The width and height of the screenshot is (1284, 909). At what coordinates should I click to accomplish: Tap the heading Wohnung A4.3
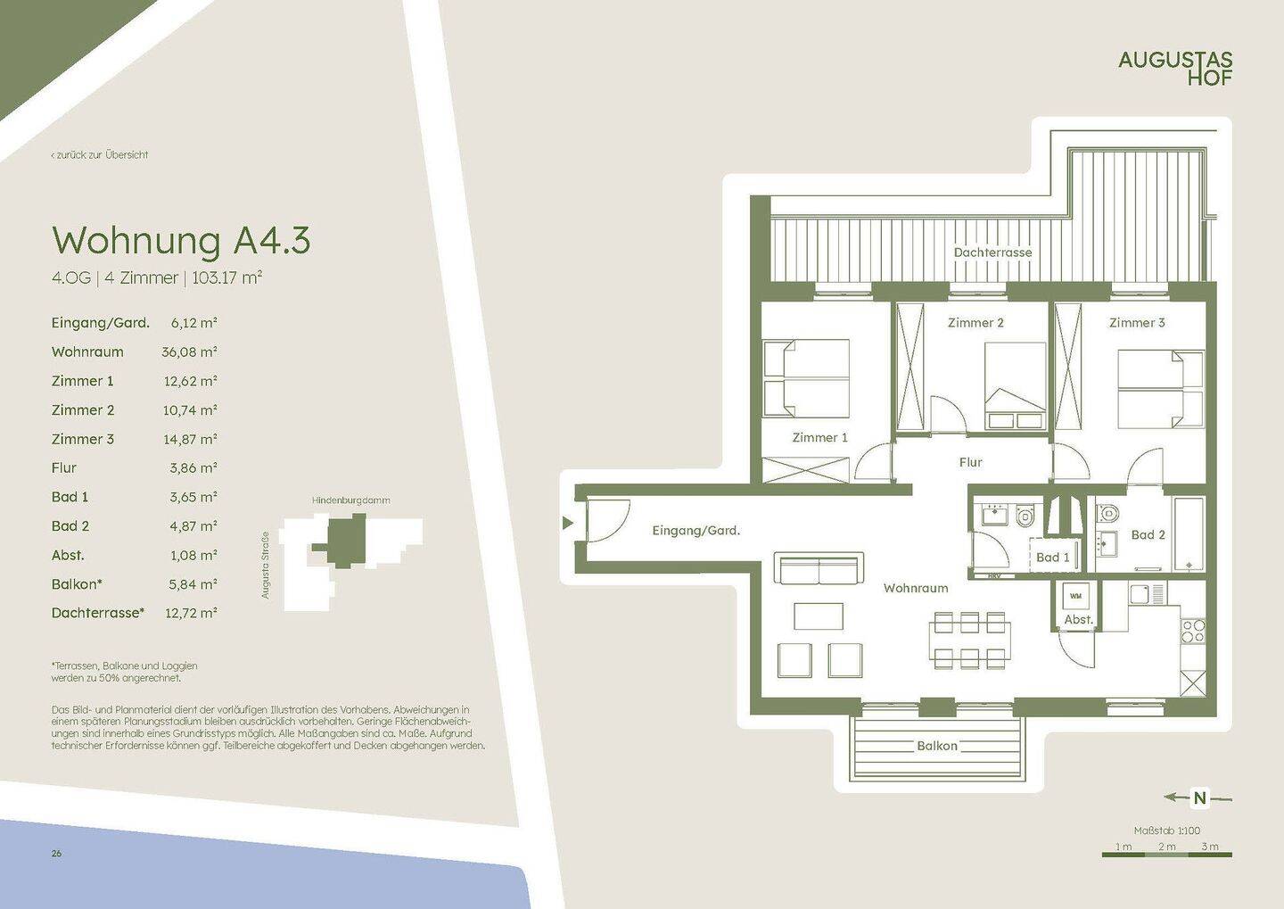(181, 240)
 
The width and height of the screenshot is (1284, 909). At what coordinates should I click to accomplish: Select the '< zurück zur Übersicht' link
(100, 155)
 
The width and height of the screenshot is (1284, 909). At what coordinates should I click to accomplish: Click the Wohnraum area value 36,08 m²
(189, 351)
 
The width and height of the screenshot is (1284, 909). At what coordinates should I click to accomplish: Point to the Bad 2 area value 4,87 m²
(193, 526)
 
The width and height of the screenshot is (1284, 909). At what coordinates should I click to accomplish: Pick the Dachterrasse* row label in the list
(98, 613)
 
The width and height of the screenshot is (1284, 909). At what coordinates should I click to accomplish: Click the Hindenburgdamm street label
(350, 500)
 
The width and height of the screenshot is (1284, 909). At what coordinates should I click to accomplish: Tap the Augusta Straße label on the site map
(265, 566)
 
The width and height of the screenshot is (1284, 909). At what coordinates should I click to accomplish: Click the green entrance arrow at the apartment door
(567, 523)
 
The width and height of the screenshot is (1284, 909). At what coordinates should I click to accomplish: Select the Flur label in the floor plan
(970, 462)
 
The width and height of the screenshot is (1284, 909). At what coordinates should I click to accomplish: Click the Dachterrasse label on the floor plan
(992, 252)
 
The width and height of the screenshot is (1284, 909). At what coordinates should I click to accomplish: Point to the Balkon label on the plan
(937, 746)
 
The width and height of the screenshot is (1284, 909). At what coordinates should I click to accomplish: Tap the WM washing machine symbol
(1076, 597)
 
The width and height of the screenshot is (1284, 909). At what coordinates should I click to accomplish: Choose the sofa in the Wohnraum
(819, 567)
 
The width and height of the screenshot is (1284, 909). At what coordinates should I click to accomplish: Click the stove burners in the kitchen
(1193, 631)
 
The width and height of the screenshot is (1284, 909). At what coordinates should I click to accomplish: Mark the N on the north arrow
(1200, 797)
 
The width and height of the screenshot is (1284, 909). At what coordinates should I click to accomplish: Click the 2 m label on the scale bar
(1166, 847)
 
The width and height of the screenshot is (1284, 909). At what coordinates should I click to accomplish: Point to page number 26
(56, 854)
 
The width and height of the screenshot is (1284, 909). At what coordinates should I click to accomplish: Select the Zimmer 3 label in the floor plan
(1137, 322)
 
